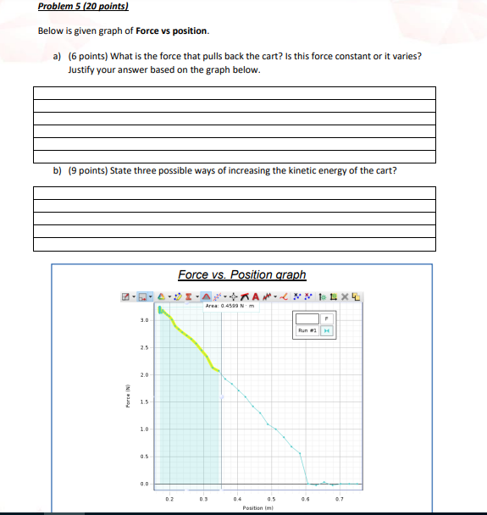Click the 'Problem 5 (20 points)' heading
pyautogui.click(x=83, y=7)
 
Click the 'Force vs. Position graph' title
pyautogui.click(x=242, y=274)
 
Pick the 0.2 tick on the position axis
pyautogui.click(x=169, y=498)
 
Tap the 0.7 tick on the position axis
pyautogui.click(x=337, y=498)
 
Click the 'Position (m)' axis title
pyautogui.click(x=256, y=507)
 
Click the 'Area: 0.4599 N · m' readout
pyautogui.click(x=230, y=307)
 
